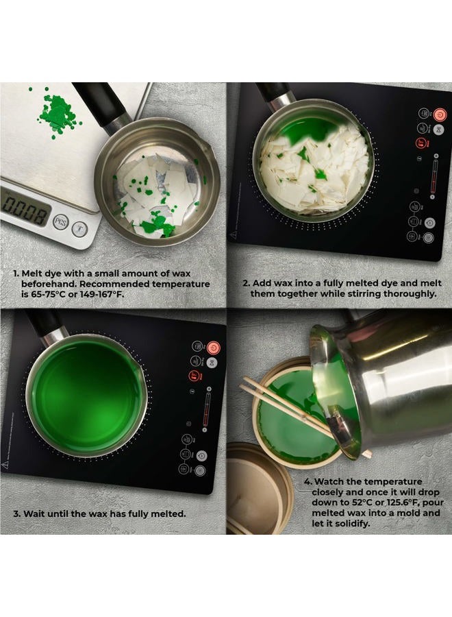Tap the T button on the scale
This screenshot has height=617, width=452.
pos(79,229)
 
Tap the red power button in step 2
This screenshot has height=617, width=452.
pos(440,115)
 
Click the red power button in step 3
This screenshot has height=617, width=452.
pos(214,348)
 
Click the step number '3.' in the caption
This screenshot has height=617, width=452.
pos(17,514)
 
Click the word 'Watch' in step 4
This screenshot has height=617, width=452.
pos(330,482)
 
